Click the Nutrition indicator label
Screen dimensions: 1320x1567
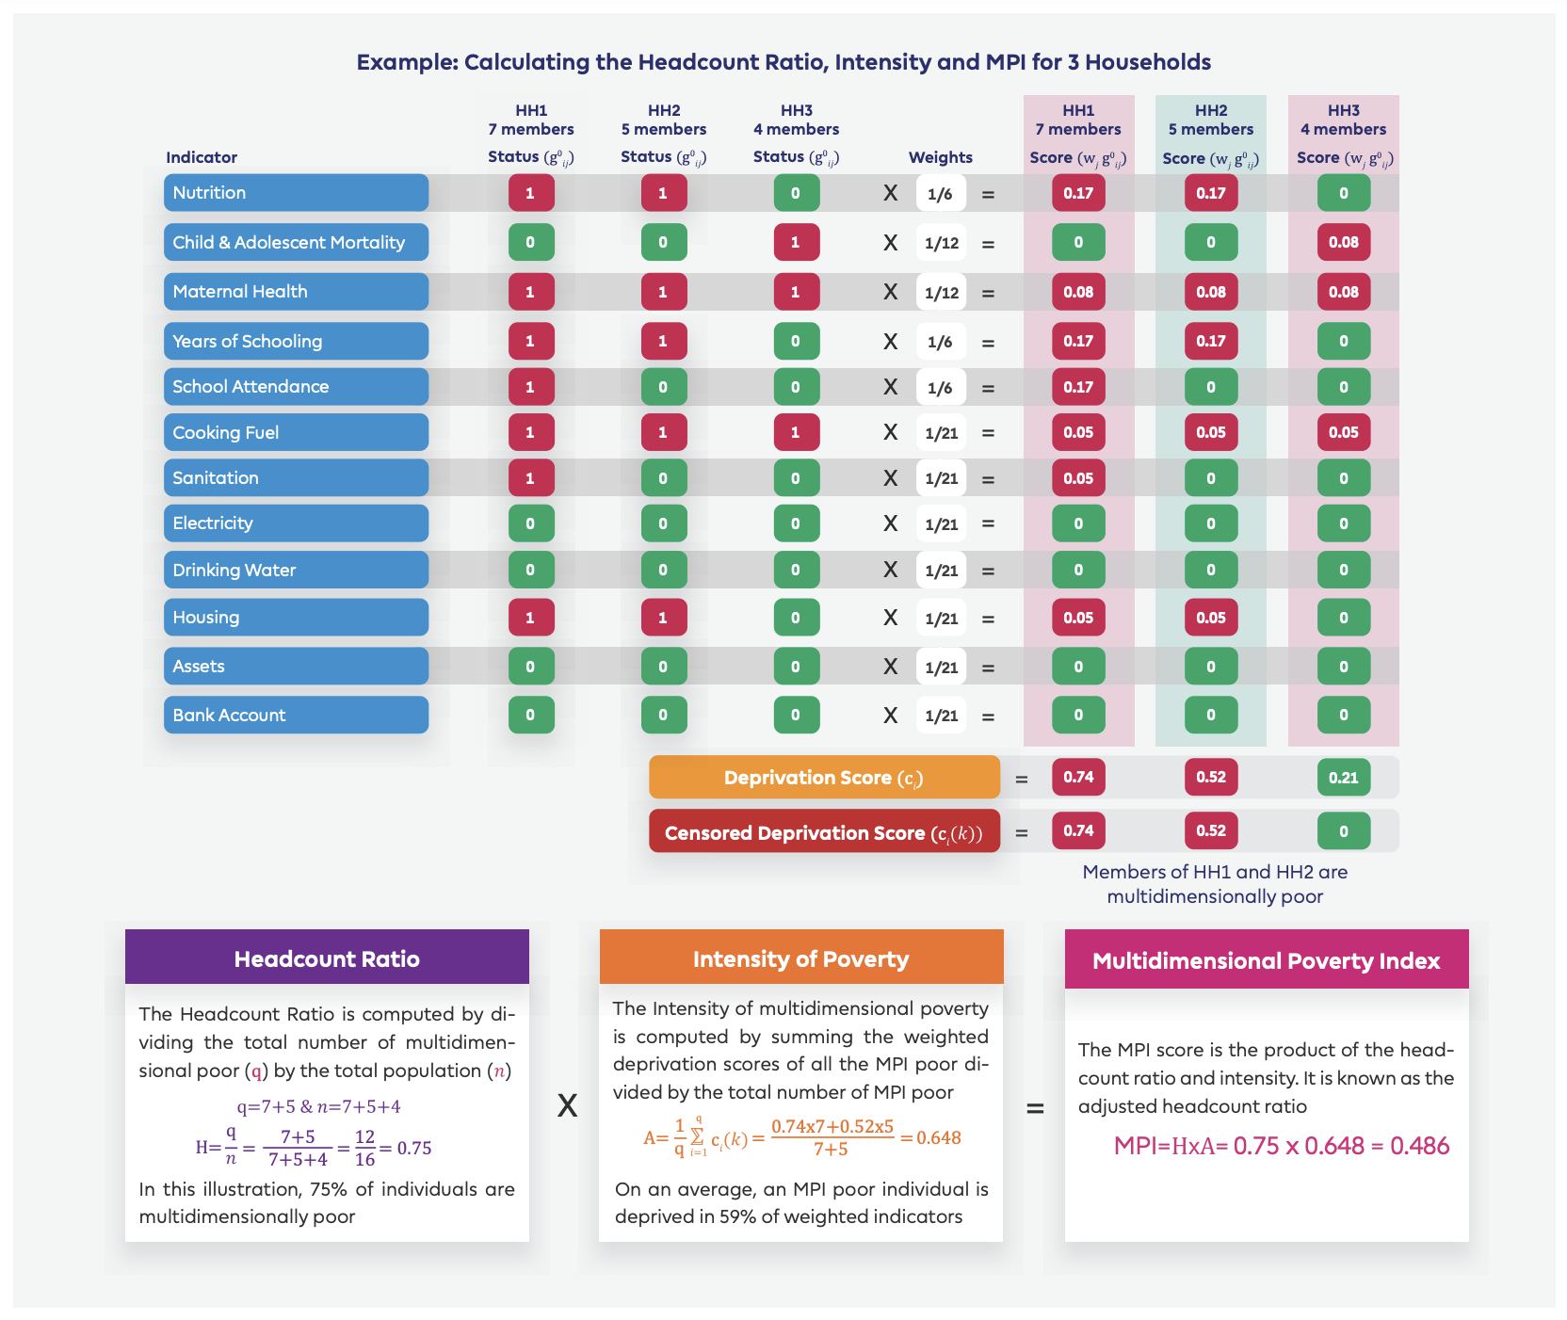[296, 193]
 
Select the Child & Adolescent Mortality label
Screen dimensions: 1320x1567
[296, 242]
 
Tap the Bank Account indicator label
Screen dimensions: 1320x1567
[296, 715]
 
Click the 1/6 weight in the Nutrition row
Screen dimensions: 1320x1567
[940, 194]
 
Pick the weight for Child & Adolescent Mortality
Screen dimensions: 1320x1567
[941, 243]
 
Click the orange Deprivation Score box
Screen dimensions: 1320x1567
[824, 778]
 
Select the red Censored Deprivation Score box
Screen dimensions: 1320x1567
[824, 832]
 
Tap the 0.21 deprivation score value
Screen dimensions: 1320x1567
[1343, 778]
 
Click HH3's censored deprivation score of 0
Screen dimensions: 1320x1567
[1343, 831]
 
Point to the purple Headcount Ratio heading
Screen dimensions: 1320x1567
[327, 958]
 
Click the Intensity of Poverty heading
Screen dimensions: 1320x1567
[800, 958]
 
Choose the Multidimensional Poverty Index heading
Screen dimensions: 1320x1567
[1266, 960]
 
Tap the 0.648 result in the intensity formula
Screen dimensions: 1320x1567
[939, 1137]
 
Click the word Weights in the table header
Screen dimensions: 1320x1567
[940, 157]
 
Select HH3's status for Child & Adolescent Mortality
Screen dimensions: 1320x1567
[796, 242]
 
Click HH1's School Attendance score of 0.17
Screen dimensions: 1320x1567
[1078, 387]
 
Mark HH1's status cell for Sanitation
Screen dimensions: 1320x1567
[531, 478]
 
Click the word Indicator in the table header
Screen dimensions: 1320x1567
[202, 157]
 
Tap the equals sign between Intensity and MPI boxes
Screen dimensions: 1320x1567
[1035, 1108]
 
